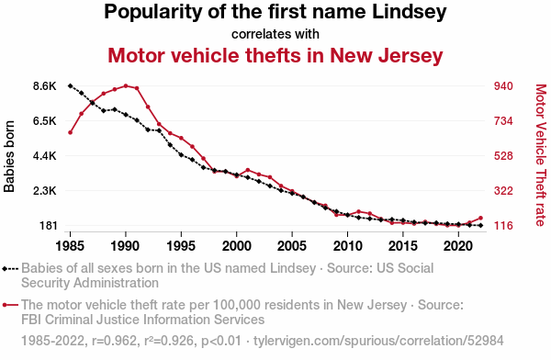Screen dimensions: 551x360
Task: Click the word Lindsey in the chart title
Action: click(x=409, y=12)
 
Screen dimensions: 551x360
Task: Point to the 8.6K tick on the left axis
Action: click(x=45, y=86)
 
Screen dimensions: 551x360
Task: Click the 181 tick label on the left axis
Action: click(x=48, y=225)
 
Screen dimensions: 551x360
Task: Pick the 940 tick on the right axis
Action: click(x=503, y=86)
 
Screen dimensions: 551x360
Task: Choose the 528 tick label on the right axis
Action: click(x=503, y=156)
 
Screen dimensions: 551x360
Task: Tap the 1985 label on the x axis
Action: click(x=70, y=246)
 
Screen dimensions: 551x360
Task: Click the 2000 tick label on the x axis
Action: click(x=237, y=246)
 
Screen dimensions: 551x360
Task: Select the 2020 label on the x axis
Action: click(x=458, y=246)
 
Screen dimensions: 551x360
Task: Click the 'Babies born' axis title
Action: click(x=9, y=156)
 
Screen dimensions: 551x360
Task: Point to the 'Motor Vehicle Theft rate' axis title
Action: click(x=541, y=155)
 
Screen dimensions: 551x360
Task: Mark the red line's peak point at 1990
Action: click(x=126, y=85)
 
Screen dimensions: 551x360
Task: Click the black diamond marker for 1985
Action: click(x=70, y=85)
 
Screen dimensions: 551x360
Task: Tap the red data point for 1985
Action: click(x=71, y=132)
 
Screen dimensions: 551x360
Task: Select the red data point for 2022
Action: click(x=480, y=218)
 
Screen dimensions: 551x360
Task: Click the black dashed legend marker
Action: click(x=10, y=269)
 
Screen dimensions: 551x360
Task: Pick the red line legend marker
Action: click(x=10, y=305)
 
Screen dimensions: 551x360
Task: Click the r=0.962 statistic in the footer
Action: click(x=114, y=341)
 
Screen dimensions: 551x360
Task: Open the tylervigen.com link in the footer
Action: click(x=378, y=341)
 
